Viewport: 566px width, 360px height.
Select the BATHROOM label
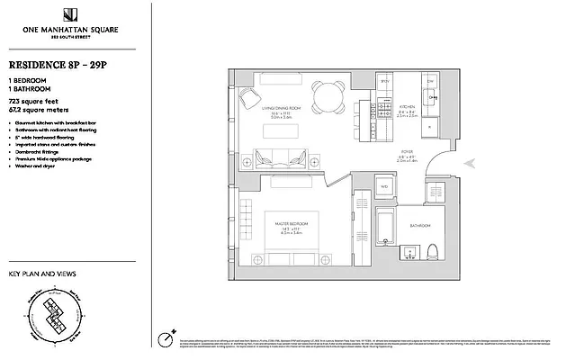(x=419, y=224)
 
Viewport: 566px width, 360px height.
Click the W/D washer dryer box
(x=383, y=186)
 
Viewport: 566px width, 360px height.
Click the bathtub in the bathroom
(x=385, y=229)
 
